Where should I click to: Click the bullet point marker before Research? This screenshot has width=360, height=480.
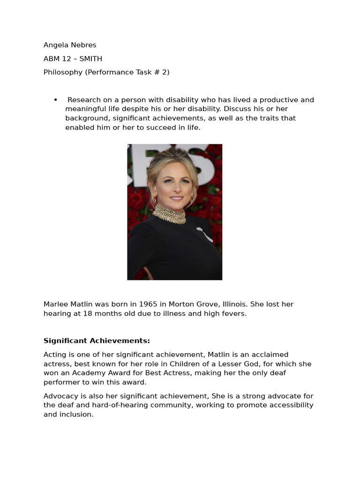coord(56,100)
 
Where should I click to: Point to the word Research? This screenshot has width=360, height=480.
coord(84,100)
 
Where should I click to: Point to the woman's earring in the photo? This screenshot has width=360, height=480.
coord(154,201)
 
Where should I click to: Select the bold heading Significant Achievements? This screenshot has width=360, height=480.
coord(97,341)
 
